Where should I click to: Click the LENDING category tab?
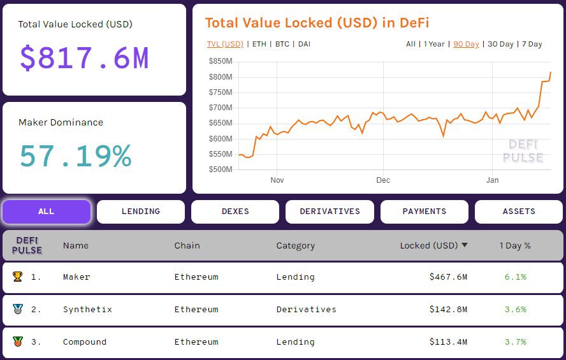pos(141,212)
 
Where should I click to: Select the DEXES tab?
pos(235,212)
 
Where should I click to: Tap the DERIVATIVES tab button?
pos(330,212)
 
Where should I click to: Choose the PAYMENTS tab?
pos(424,212)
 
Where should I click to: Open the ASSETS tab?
pos(519,212)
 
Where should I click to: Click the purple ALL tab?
pos(47,212)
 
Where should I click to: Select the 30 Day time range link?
pos(500,44)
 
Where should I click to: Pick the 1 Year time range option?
pos(434,44)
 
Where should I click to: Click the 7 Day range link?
pos(532,44)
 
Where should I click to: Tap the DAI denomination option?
pos(304,44)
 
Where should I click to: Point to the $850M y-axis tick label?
pos(221,61)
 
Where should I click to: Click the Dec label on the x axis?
pos(383,180)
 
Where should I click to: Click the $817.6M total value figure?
pos(84,58)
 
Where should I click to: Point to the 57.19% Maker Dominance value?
pos(75,156)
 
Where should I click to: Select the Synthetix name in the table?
pos(87,310)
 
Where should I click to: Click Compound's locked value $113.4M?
pos(448,342)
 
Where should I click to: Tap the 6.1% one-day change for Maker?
pos(516,277)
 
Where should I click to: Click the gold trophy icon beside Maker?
pos(17,277)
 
